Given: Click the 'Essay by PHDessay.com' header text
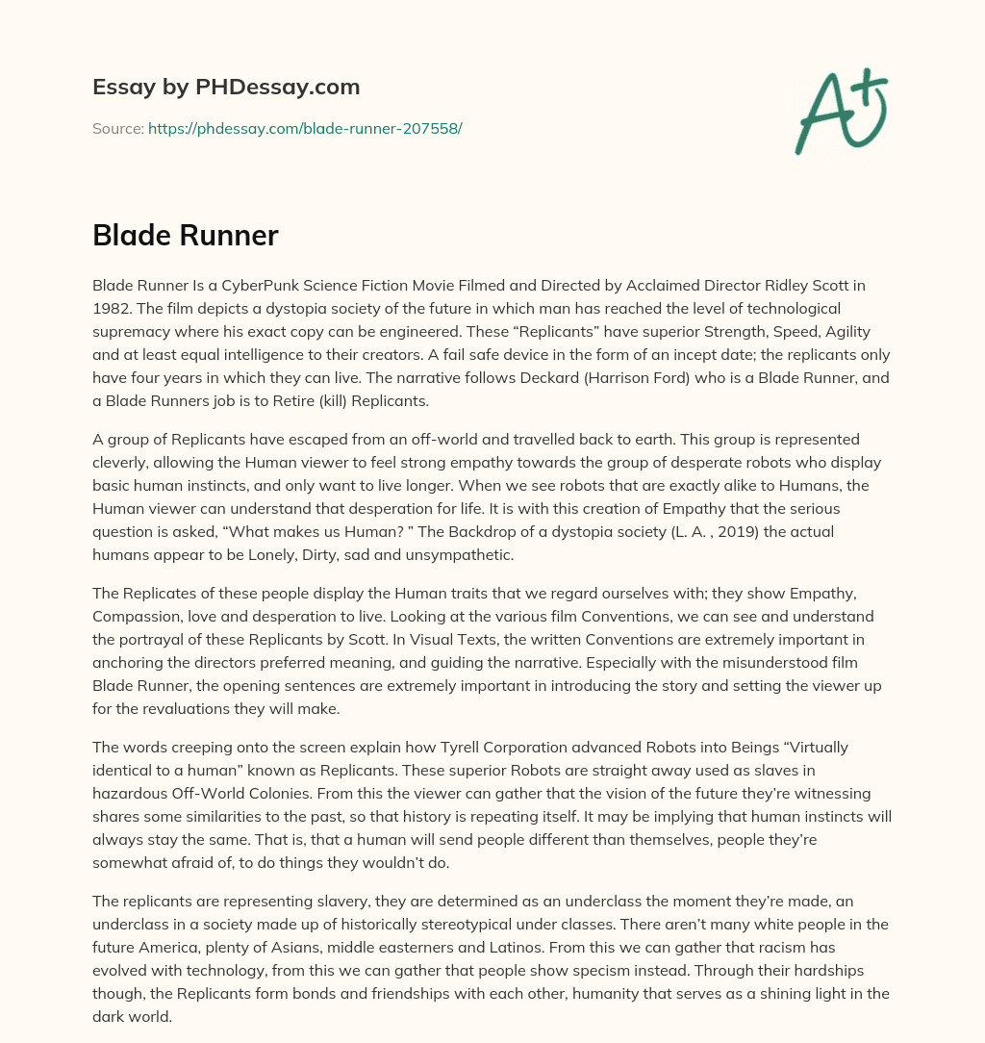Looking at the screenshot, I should (226, 88).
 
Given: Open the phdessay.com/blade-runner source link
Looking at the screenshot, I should (305, 128).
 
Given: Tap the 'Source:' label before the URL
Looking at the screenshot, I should (117, 128).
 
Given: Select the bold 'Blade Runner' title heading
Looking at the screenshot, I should (186, 235).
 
